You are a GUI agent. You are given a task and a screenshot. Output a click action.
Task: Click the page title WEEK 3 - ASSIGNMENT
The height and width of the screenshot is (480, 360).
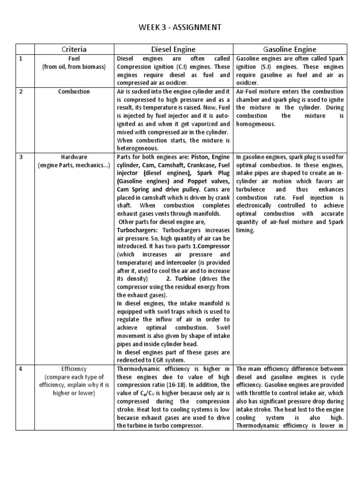click(180, 28)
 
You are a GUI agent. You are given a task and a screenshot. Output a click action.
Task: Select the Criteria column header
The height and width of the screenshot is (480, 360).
click(74, 49)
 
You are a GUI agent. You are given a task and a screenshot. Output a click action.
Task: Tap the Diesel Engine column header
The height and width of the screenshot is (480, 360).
click(173, 49)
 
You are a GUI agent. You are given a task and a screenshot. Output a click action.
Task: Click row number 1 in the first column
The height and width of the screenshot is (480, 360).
click(21, 59)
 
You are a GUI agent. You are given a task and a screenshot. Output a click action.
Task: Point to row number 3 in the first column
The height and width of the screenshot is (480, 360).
click(21, 157)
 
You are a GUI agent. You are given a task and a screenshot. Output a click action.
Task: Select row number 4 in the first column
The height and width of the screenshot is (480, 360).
click(21, 369)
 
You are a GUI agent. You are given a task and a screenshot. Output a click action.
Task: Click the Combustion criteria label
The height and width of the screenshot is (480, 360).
click(74, 91)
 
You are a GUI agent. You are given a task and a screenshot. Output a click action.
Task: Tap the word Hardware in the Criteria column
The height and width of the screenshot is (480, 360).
click(74, 157)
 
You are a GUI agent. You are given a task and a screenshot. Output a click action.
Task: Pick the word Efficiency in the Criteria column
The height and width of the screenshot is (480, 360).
click(74, 369)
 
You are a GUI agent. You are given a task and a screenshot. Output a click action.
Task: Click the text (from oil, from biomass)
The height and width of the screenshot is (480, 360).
click(74, 67)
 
